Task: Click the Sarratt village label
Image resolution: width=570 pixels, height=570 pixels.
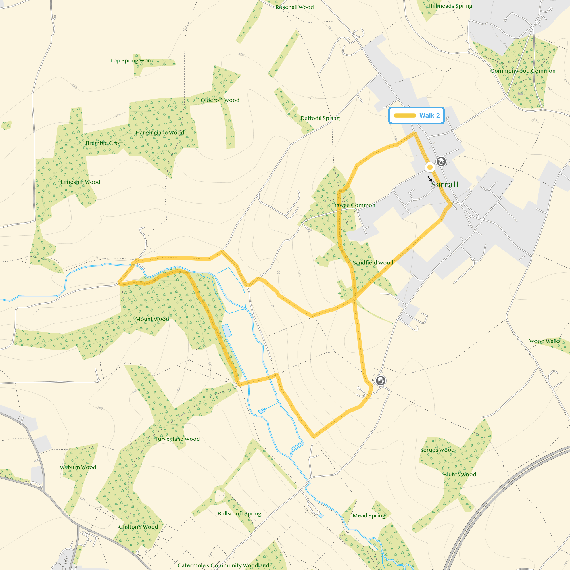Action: click(x=445, y=185)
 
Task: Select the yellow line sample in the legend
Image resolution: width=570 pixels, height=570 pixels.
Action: click(x=405, y=116)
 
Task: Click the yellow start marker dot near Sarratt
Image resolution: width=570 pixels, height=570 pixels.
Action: click(x=430, y=167)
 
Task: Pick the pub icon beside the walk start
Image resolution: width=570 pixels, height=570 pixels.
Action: click(x=441, y=161)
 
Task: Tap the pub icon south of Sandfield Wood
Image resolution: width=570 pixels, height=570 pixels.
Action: click(x=381, y=381)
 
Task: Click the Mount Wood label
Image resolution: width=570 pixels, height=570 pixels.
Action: click(x=152, y=319)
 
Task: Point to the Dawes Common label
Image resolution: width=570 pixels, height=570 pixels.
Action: click(x=354, y=205)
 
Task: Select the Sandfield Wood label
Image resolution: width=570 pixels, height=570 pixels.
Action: click(x=373, y=263)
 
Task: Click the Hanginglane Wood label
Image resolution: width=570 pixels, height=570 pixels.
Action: click(x=160, y=133)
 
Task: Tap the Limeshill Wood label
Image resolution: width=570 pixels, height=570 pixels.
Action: click(x=80, y=182)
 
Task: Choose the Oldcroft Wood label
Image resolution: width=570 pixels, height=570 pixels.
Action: click(x=220, y=100)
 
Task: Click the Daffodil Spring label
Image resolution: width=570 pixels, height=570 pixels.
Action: click(x=320, y=118)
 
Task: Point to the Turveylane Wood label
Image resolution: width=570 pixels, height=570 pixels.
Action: click(x=177, y=439)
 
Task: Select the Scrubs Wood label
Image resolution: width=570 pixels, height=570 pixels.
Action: click(x=437, y=450)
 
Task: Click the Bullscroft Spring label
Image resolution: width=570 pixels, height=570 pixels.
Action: click(x=239, y=514)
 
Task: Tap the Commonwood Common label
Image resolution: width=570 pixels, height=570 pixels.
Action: click(x=523, y=71)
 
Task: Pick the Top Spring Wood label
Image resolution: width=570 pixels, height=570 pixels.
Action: click(x=132, y=60)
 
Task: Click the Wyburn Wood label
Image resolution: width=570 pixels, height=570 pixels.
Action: click(x=78, y=467)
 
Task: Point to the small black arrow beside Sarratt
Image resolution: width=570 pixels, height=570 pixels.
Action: click(x=430, y=179)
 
